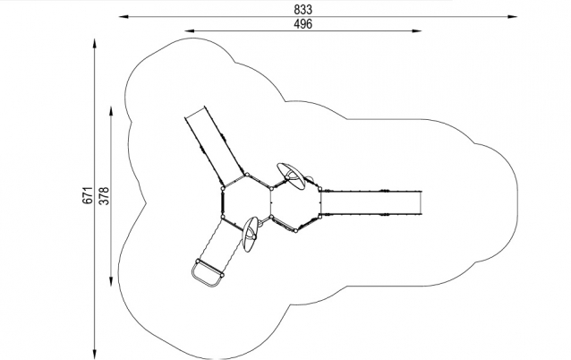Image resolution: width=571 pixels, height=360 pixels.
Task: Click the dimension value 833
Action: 303,10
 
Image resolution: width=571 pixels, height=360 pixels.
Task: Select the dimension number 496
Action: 303,24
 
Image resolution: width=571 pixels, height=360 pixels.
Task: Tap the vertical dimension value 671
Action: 88,195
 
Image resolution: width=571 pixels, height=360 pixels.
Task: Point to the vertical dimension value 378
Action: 104,195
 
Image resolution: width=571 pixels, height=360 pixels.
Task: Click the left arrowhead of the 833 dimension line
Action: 124,16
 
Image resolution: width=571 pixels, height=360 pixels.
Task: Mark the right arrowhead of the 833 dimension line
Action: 513,16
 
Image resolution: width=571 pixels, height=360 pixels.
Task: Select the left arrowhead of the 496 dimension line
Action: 190,31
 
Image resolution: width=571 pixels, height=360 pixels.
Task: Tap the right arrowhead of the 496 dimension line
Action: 417,31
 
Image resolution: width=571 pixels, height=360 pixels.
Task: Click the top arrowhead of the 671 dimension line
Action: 95,45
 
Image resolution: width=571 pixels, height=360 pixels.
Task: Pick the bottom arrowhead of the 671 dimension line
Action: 95,354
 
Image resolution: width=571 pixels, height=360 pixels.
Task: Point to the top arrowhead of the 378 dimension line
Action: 111,111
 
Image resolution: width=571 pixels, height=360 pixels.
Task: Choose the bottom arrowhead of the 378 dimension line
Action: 111,281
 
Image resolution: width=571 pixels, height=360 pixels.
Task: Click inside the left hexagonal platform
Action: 246,202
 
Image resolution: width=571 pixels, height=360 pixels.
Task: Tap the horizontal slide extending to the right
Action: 371,203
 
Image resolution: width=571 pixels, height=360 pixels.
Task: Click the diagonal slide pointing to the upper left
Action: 215,146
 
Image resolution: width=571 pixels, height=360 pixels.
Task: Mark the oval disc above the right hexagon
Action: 291,176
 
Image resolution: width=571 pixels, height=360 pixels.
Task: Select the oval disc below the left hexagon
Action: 251,235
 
